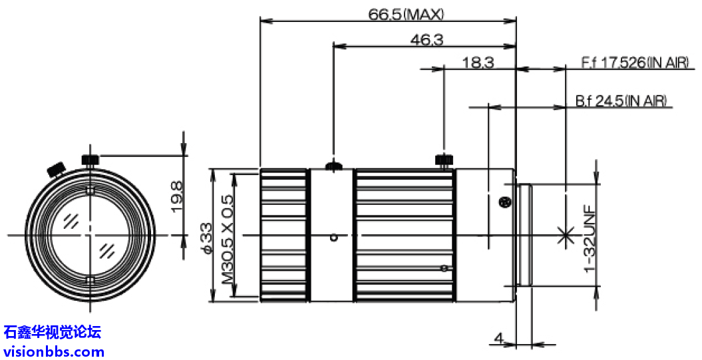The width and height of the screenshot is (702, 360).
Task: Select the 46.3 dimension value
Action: tap(427, 40)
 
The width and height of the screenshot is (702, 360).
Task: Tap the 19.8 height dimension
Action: tap(176, 198)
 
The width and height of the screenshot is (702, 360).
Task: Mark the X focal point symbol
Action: tap(566, 234)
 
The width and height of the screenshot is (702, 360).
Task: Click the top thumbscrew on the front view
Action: tap(90, 159)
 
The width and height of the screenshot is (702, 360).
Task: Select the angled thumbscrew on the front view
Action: tap(56, 168)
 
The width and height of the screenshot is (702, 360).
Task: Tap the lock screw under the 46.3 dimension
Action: tap(333, 164)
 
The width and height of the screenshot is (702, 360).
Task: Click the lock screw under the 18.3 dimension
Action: tap(444, 160)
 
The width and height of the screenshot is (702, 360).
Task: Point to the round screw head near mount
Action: tap(504, 202)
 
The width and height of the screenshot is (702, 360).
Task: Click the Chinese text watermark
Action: tap(52, 331)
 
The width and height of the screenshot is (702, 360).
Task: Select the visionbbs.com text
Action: tap(54, 351)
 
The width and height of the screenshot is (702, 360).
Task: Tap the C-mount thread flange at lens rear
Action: tap(524, 235)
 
